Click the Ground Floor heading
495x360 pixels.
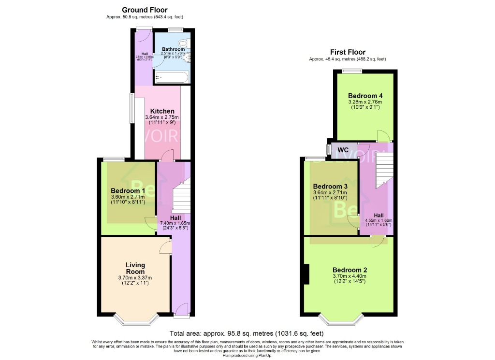point(145,10)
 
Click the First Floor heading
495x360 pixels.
point(348,52)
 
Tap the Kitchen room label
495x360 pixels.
point(162,111)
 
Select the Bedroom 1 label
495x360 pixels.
point(128,190)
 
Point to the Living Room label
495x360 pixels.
point(135,268)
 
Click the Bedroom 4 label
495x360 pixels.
point(365,96)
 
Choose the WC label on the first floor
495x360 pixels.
point(343,150)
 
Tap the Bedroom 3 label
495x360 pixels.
point(330,187)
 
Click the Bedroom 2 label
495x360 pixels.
point(350,270)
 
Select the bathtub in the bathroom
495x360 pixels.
point(171,78)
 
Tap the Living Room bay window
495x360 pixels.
point(135,318)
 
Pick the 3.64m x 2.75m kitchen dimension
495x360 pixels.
point(162,117)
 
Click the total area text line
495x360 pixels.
point(247,333)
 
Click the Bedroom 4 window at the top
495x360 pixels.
point(352,72)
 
